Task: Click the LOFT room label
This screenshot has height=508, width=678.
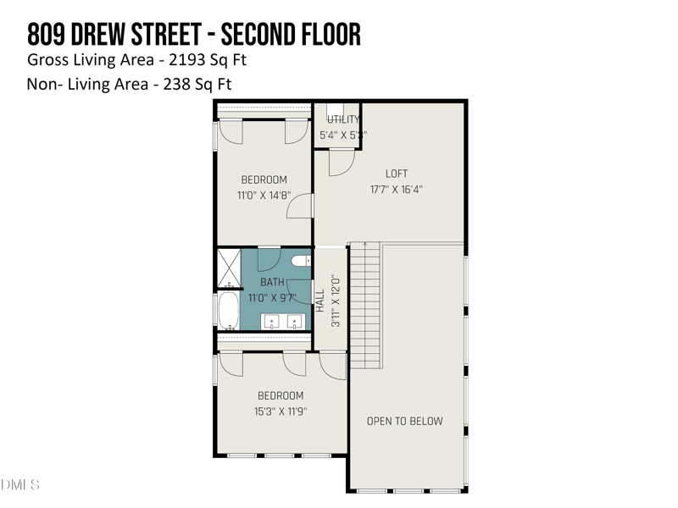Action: [x=397, y=174]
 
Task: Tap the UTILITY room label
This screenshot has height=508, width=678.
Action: [x=343, y=119]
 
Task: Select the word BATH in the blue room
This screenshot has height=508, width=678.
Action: [x=272, y=282]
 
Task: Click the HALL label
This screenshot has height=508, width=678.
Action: [x=320, y=301]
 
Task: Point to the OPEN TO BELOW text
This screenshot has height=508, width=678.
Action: [x=404, y=421]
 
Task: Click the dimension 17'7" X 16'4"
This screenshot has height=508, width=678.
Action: [x=397, y=190]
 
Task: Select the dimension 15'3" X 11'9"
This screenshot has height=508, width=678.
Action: [x=280, y=411]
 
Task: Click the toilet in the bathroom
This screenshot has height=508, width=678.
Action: [x=302, y=261]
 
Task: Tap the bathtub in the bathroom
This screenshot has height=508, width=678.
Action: [x=229, y=312]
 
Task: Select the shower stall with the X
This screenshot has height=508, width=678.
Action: [x=229, y=267]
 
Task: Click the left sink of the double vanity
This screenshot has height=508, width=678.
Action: [x=273, y=321]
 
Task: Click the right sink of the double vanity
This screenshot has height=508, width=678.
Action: [x=295, y=321]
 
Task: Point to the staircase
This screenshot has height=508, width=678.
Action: [x=365, y=305]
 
